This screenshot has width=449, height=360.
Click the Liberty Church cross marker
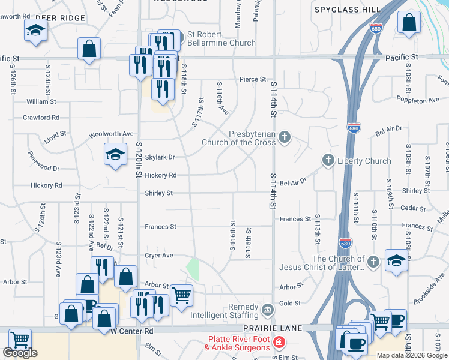point(328,160)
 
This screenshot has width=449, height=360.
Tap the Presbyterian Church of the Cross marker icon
point(285,139)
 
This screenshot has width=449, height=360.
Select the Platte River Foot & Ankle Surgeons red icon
point(279,343)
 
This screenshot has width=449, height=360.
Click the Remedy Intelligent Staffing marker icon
point(267,310)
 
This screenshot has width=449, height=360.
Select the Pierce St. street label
point(253,79)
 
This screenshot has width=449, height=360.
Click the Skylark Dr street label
point(159,157)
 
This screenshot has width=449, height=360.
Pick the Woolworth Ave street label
point(111,134)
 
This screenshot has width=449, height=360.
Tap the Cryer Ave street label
point(159,256)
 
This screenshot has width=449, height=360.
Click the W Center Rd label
point(132,331)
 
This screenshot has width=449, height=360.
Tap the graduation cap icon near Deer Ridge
point(35,29)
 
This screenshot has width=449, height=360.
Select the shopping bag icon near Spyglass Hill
point(409,23)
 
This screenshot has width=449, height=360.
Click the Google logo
point(20,353)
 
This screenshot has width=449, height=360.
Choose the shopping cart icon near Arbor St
point(181,295)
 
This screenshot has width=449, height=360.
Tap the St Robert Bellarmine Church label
point(221,38)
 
